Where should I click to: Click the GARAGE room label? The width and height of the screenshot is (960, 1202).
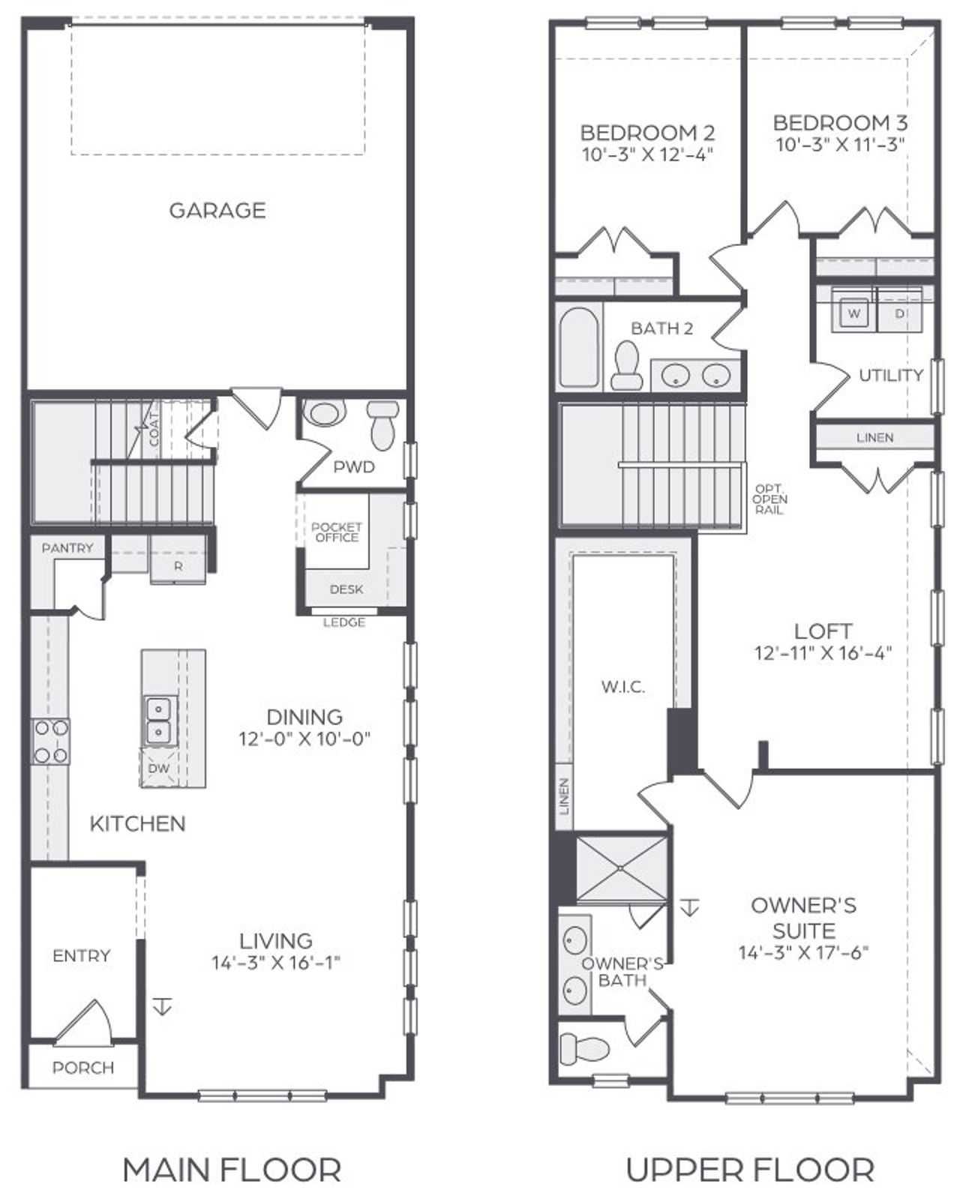pyautogui.click(x=217, y=210)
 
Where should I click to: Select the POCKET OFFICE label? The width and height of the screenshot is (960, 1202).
pyautogui.click(x=336, y=532)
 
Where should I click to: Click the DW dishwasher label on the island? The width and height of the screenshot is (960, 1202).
pyautogui.click(x=159, y=769)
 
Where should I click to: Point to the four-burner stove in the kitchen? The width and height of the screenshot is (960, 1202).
pyautogui.click(x=50, y=741)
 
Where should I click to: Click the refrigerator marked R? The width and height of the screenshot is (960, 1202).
pyautogui.click(x=178, y=567)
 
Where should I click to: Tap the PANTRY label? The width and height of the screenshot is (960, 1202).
pyautogui.click(x=67, y=548)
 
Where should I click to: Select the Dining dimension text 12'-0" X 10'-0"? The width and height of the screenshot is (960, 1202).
pyautogui.click(x=304, y=739)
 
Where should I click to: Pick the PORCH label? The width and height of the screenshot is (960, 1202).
pyautogui.click(x=83, y=1067)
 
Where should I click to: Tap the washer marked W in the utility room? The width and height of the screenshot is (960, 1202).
pyautogui.click(x=853, y=313)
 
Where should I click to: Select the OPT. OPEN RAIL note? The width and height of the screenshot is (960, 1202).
pyautogui.click(x=769, y=499)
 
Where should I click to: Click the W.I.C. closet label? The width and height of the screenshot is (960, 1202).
pyautogui.click(x=622, y=686)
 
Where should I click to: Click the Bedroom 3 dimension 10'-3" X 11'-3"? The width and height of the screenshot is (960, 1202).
pyautogui.click(x=840, y=145)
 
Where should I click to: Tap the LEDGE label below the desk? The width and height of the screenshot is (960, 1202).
pyautogui.click(x=344, y=622)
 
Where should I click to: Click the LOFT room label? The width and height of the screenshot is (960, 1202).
pyautogui.click(x=823, y=631)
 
